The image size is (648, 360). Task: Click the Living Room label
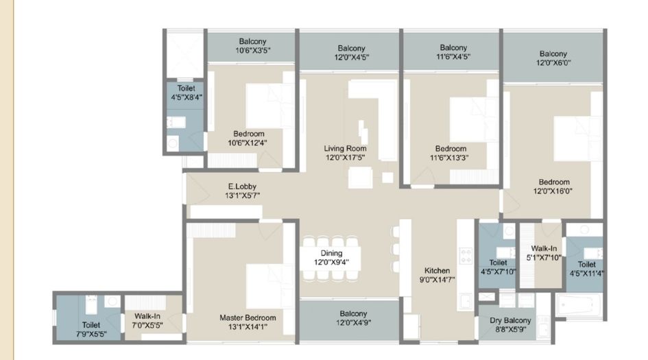click(x=345, y=148)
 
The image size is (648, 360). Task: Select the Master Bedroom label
click(x=248, y=317)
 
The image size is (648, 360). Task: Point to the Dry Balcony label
click(x=509, y=320)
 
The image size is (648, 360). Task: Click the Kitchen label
click(x=436, y=270)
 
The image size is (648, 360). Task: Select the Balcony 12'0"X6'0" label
click(x=553, y=53)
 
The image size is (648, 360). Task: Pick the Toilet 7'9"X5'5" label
click(x=91, y=325)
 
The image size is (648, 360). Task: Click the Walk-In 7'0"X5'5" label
click(x=147, y=316)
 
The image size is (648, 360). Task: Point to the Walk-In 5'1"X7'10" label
click(x=543, y=249)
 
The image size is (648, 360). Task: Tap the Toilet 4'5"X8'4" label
click(x=186, y=88)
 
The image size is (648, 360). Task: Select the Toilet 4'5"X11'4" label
click(x=586, y=264)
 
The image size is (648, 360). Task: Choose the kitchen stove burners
click(x=466, y=256)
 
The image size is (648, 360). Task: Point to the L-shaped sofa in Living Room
click(x=373, y=99)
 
